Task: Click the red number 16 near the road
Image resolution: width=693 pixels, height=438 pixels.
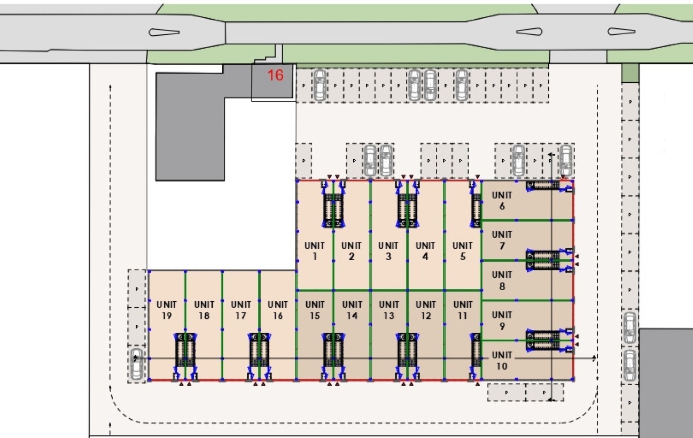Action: [275, 75]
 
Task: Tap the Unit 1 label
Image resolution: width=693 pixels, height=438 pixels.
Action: [315, 251]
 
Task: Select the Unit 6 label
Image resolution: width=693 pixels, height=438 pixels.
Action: [502, 201]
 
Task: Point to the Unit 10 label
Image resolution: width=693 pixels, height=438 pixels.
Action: [502, 361]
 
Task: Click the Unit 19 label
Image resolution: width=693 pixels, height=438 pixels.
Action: [166, 310]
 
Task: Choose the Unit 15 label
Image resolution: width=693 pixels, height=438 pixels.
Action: [315, 310]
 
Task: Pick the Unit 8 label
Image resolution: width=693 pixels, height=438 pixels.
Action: [502, 281]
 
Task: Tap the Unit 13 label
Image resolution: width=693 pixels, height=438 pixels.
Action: [388, 310]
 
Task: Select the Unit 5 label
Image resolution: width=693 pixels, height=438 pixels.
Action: [463, 251]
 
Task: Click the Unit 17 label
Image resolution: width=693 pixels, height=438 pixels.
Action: [240, 310]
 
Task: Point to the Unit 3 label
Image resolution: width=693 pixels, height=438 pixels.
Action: [388, 251]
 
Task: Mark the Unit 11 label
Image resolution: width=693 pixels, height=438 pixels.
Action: [463, 310]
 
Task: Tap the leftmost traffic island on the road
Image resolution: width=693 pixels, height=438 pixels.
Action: [165, 32]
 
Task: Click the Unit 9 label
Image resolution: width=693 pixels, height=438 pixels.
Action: [502, 320]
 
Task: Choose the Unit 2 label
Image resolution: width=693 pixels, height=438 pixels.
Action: [352, 251]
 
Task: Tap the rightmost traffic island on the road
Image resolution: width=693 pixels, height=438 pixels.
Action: [621, 32]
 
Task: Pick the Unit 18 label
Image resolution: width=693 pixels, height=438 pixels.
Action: [204, 310]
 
